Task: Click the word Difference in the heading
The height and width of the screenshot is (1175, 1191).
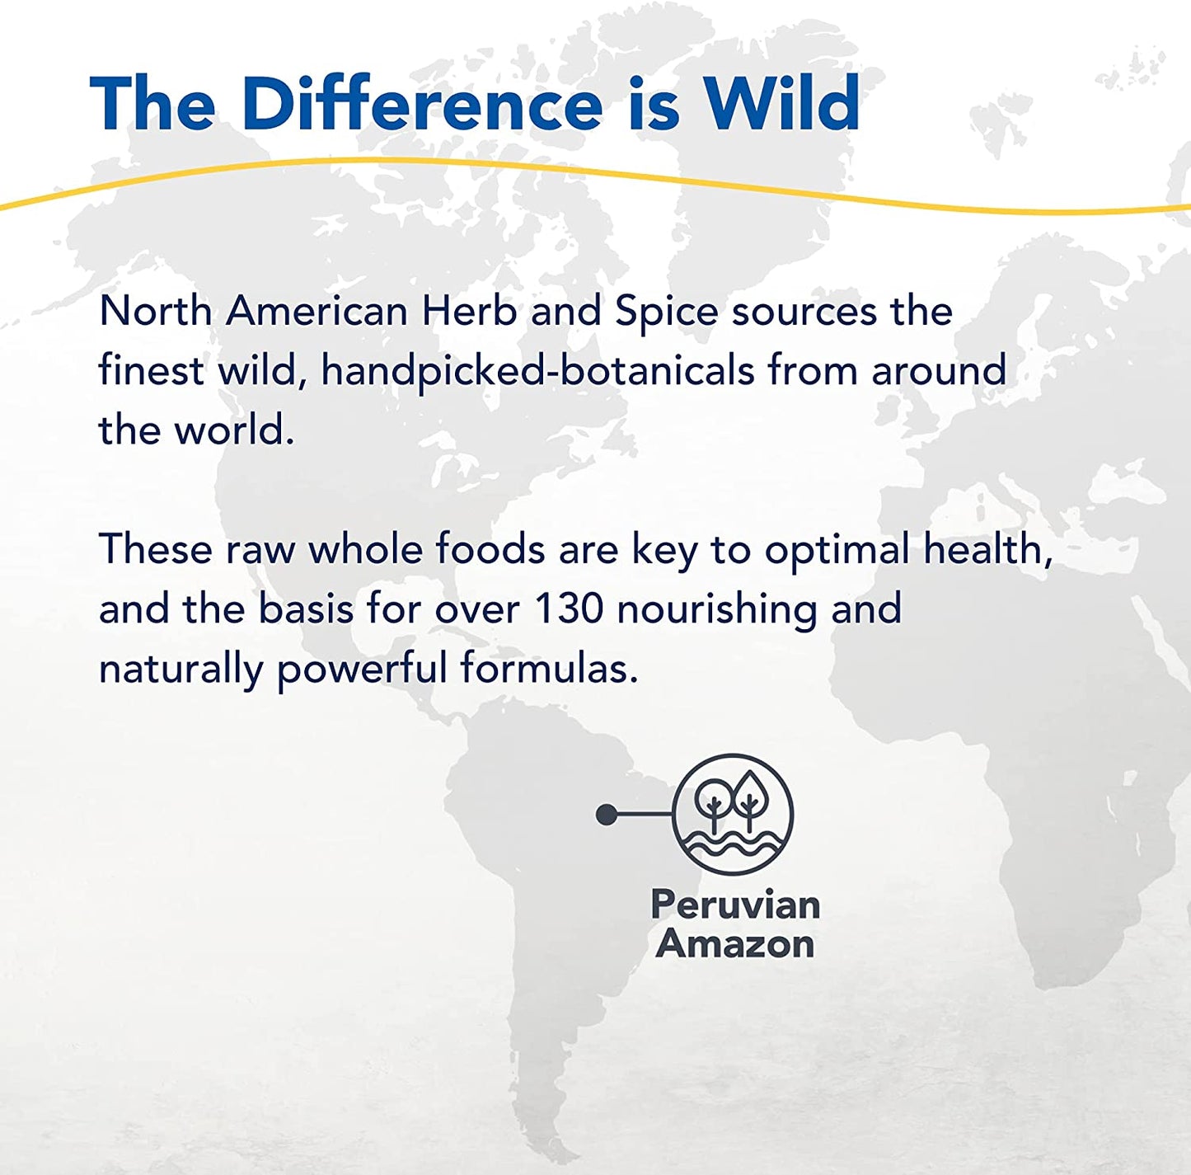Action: pyautogui.click(x=422, y=102)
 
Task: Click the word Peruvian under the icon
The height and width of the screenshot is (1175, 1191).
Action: pyautogui.click(x=735, y=905)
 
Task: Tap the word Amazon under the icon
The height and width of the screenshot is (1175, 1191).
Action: pyautogui.click(x=735, y=944)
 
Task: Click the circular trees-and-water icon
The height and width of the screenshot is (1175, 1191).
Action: pyautogui.click(x=733, y=814)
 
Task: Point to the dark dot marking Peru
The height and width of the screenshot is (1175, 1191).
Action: pyautogui.click(x=607, y=815)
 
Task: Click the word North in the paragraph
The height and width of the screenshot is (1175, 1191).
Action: pyautogui.click(x=156, y=311)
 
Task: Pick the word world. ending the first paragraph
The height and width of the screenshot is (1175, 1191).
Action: pyautogui.click(x=234, y=430)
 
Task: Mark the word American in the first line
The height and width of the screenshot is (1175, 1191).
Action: pyautogui.click(x=317, y=311)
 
